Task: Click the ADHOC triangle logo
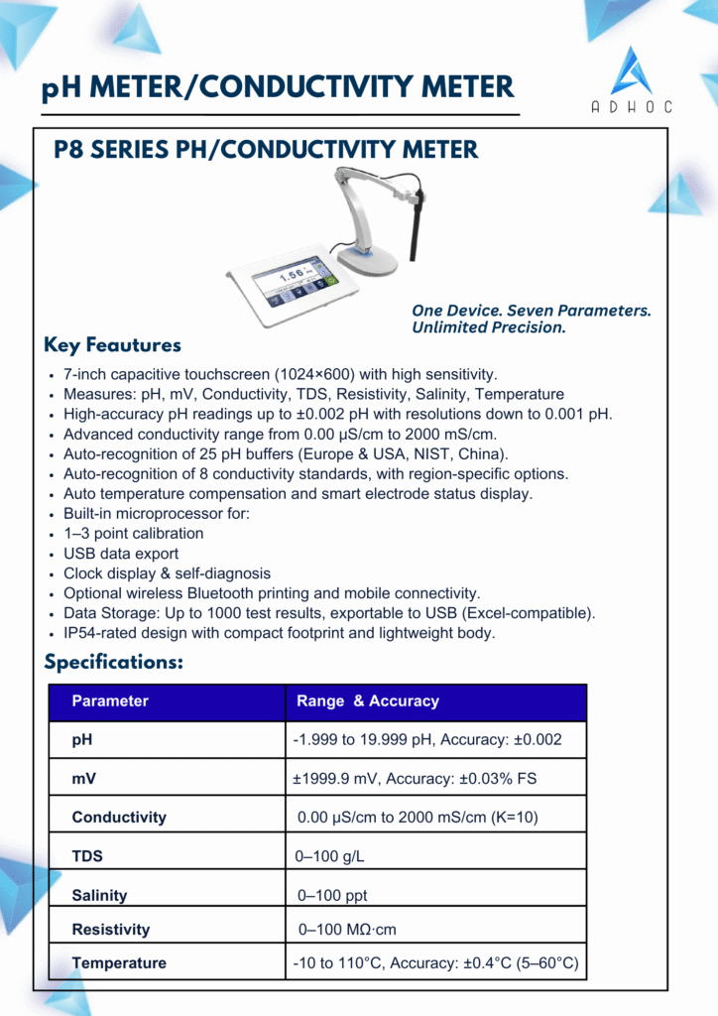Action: coord(631,71)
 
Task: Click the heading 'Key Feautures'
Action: coord(112,345)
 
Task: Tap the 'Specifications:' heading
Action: coord(113,662)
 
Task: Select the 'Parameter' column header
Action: coord(110,701)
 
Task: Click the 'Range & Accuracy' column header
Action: coord(367,701)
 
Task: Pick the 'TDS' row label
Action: coord(87,856)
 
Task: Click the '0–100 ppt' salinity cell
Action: coord(332,895)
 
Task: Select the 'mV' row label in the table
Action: coord(84,779)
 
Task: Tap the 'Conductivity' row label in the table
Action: coord(119,818)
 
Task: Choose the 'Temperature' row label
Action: coord(119,963)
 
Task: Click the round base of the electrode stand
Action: coord(367,260)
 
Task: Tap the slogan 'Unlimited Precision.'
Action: coord(489,328)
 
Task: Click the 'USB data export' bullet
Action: coord(121,554)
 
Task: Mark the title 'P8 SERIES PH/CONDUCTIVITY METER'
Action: coord(266,151)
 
